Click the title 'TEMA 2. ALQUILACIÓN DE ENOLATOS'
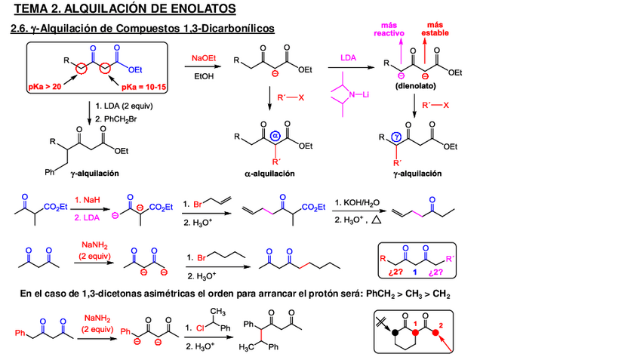click(x=124, y=9)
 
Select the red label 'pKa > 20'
click(x=45, y=87)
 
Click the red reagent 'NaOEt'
click(x=202, y=58)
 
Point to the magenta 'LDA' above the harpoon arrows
click(x=348, y=57)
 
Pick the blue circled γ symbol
click(x=397, y=137)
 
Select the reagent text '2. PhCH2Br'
click(x=115, y=118)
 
